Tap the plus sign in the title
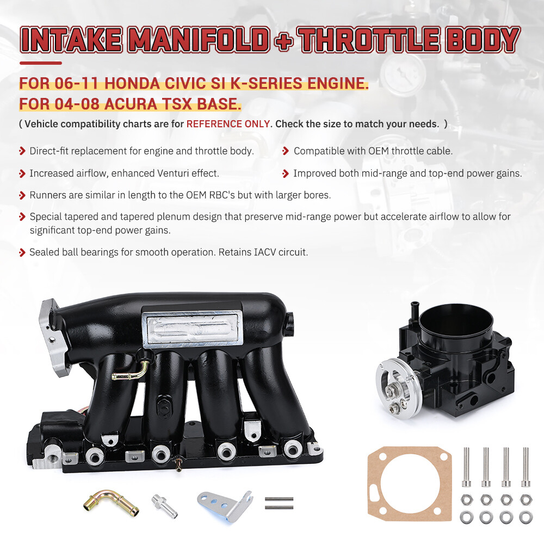(284, 41)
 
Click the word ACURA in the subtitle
(131, 104)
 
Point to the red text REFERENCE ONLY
(228, 124)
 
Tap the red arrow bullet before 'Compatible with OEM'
(286, 151)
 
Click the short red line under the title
(41, 63)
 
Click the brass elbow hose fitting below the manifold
(111, 502)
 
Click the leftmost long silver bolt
(466, 467)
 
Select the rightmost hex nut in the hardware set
(526, 500)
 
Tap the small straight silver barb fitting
(164, 506)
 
